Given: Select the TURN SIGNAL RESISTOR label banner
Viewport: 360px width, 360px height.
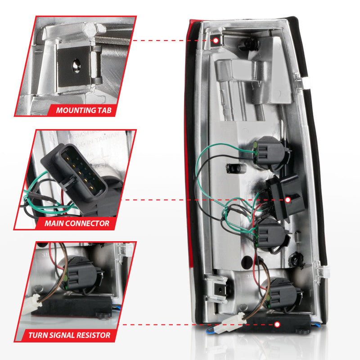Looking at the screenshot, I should (68, 335).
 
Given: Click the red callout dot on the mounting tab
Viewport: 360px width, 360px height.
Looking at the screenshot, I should (216, 40).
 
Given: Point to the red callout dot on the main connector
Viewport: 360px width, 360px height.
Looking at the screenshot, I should (287, 199).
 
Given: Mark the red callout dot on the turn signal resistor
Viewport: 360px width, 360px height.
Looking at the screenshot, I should (277, 324).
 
